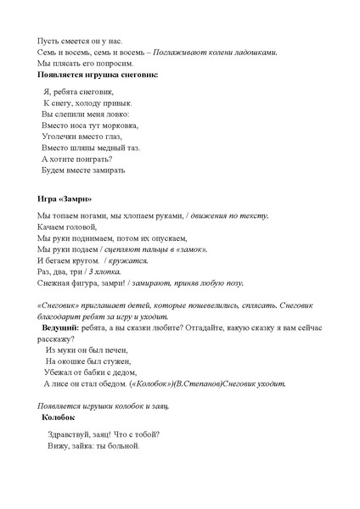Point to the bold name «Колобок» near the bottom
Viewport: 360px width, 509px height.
tap(59, 417)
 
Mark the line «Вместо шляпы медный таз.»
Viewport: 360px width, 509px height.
tap(90, 147)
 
